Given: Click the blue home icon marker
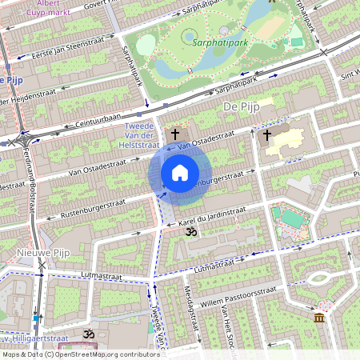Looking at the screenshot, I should point(180,173).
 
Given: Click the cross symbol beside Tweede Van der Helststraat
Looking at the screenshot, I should point(174,134).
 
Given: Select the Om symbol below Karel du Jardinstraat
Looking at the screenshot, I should point(190,232).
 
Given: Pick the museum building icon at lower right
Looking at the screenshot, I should point(320,319).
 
